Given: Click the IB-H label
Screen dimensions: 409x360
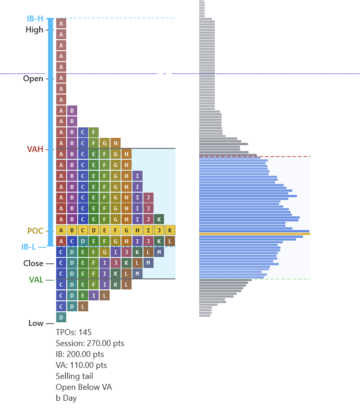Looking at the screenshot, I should click(35, 19).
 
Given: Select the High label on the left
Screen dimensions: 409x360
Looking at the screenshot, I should click(34, 30).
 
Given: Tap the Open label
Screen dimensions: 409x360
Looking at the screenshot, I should click(33, 79).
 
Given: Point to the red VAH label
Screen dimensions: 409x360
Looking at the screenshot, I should click(35, 149).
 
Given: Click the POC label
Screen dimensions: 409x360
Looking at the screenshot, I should click(35, 231).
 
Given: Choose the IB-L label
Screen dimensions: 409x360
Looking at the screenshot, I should click(29, 247).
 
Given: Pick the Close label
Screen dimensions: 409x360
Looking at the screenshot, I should click(33, 263).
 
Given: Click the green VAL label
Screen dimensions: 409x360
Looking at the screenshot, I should click(36, 280).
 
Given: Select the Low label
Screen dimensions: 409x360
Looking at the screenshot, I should click(36, 323).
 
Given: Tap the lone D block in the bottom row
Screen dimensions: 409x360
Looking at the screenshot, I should click(61, 317).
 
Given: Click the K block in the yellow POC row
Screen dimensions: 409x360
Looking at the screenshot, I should click(170, 230).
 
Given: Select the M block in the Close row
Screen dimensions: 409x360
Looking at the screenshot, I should click(148, 263).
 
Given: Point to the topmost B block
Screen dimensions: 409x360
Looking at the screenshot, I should click(72, 110).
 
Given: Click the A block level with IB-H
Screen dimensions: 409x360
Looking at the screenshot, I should click(61, 23).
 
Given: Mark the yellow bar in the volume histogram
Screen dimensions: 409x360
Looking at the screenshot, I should click(254, 234).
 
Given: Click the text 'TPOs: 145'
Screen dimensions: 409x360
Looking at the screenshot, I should click(74, 332).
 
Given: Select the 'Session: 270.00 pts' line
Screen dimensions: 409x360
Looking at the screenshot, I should click(90, 343).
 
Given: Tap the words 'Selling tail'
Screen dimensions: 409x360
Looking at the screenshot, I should click(74, 376).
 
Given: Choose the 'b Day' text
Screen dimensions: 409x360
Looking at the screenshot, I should click(66, 398).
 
